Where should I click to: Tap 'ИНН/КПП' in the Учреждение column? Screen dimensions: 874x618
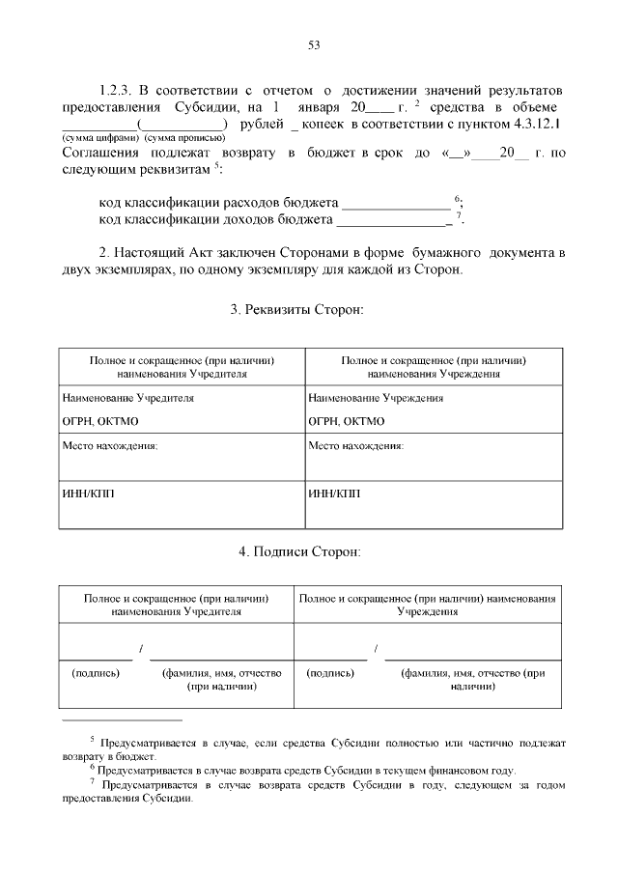(333, 493)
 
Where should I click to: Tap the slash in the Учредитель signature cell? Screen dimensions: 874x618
(141, 647)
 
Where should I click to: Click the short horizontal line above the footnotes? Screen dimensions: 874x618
(122, 720)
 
